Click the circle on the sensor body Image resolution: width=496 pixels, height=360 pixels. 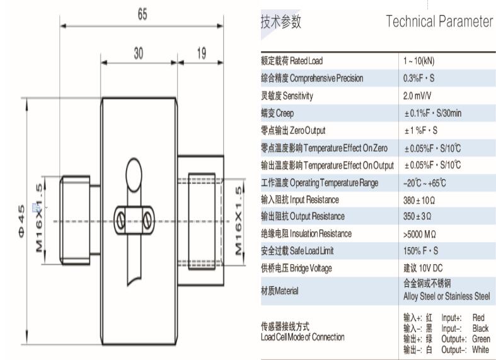pos(134,171)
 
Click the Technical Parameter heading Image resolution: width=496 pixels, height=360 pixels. pos(439,22)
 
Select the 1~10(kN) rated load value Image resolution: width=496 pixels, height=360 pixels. pos(419,61)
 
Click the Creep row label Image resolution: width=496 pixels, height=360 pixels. pos(277,113)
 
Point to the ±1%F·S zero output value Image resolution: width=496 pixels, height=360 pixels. pos(421,131)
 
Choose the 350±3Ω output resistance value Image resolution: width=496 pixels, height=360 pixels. pos(418,217)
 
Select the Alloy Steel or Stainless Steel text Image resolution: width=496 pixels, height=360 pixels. pos(446,296)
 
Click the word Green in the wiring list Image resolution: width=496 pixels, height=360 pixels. pos(480,339)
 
